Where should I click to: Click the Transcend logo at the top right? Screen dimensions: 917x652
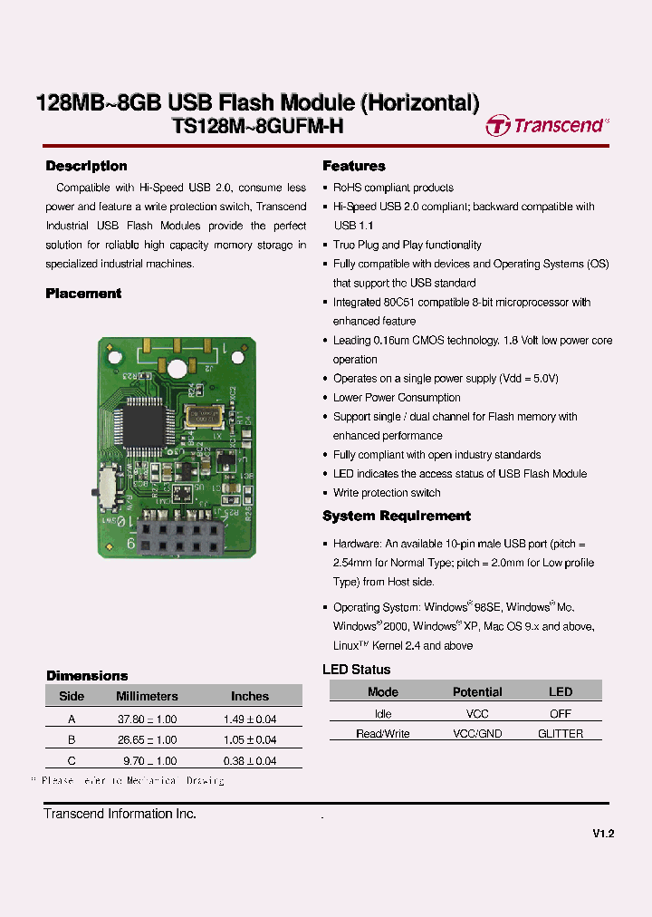[x=547, y=125]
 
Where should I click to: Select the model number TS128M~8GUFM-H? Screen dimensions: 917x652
[x=257, y=127]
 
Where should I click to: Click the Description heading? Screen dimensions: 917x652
[x=86, y=166]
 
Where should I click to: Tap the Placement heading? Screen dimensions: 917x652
[x=83, y=294]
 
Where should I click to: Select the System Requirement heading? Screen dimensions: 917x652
[x=397, y=516]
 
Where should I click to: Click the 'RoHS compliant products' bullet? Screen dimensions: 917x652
[x=393, y=188]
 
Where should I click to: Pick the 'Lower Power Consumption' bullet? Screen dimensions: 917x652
[x=397, y=398]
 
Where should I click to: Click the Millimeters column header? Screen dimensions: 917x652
[x=147, y=696]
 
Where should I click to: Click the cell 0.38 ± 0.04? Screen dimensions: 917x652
[x=250, y=761]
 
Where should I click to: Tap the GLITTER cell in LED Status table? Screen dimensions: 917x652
[x=561, y=734]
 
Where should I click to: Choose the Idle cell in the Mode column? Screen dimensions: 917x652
[x=383, y=714]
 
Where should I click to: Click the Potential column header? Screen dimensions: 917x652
[x=477, y=691]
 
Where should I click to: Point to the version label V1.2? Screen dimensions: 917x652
[x=604, y=835]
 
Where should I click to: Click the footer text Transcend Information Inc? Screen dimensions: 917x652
[x=120, y=814]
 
